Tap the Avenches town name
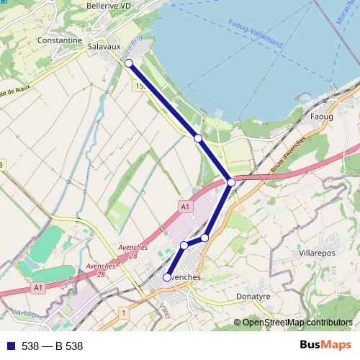click(x=181, y=277)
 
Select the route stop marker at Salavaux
click(x=129, y=63)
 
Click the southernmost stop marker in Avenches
click(x=167, y=277)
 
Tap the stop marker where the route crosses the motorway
click(x=231, y=183)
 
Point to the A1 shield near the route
click(x=185, y=207)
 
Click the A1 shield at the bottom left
click(x=37, y=287)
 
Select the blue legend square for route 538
click(x=11, y=346)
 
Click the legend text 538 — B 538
click(x=53, y=346)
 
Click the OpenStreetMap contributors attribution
click(x=297, y=323)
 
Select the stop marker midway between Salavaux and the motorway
click(x=197, y=137)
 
